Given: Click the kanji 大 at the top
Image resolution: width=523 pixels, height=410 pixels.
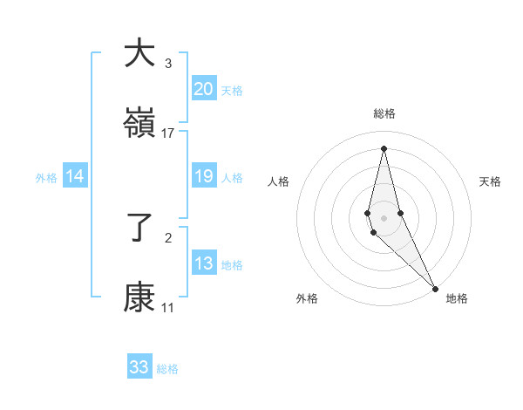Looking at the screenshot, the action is pyautogui.click(x=139, y=53).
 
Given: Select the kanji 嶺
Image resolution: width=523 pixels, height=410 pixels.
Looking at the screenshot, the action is pyautogui.click(x=139, y=124).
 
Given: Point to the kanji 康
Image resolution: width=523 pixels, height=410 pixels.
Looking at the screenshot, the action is pyautogui.click(x=139, y=299).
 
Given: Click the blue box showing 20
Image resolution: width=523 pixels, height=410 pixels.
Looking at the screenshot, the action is pyautogui.click(x=204, y=89).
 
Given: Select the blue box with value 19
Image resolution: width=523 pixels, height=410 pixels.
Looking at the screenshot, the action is pyautogui.click(x=204, y=177).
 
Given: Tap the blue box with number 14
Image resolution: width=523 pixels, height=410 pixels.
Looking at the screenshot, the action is pyautogui.click(x=75, y=177).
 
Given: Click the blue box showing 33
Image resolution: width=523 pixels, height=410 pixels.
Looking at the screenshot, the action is pyautogui.click(x=139, y=367).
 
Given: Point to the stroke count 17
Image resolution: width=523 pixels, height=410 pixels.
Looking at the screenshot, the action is pyautogui.click(x=168, y=133).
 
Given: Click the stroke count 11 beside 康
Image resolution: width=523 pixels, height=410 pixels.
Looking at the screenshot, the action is pyautogui.click(x=168, y=308).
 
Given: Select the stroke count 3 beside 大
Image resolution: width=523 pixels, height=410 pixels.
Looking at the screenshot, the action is pyautogui.click(x=168, y=63).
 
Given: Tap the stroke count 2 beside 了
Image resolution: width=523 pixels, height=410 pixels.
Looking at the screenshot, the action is pyautogui.click(x=168, y=237).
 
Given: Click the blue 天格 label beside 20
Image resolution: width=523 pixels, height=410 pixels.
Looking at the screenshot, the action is pyautogui.click(x=232, y=90).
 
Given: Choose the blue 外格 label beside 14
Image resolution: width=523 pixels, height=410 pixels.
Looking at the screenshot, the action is pyautogui.click(x=46, y=178).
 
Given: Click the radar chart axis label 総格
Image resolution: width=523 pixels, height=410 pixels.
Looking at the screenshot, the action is pyautogui.click(x=384, y=113).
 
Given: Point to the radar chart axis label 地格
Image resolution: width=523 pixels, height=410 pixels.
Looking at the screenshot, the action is pyautogui.click(x=457, y=298).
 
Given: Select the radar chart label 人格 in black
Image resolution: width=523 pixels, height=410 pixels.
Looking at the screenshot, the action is pyautogui.click(x=278, y=181).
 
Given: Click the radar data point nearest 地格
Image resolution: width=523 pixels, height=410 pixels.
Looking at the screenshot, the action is pyautogui.click(x=435, y=287).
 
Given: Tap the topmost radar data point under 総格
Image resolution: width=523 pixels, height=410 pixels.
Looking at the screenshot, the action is pyautogui.click(x=384, y=147).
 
